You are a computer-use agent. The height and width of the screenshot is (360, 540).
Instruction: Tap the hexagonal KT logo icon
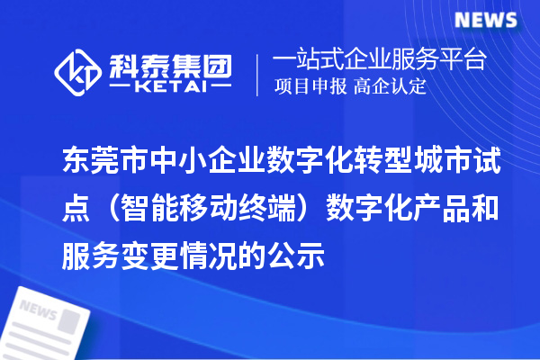(x=78, y=74)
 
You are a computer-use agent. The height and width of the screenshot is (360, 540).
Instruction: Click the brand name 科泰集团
(x=171, y=64)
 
